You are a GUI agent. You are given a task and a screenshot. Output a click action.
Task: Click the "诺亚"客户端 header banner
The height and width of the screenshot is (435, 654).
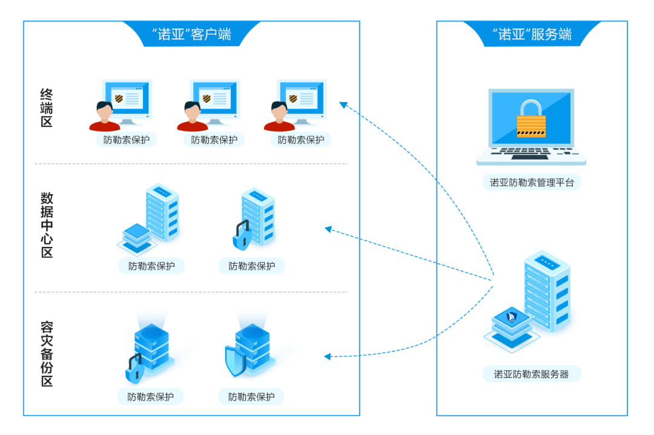point(191,34)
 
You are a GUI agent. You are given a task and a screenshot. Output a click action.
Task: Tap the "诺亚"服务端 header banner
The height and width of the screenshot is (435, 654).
point(532,34)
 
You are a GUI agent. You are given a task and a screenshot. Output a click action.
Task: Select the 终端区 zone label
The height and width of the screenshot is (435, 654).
point(46,108)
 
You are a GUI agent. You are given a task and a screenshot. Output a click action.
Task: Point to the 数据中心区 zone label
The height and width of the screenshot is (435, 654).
point(47,224)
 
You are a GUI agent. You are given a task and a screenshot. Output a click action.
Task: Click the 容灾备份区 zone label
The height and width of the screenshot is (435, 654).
point(47,353)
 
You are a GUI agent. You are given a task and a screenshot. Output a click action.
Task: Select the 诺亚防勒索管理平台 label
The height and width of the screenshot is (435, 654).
point(532,183)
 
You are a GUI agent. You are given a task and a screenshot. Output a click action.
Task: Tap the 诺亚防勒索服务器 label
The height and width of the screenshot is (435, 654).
point(532,374)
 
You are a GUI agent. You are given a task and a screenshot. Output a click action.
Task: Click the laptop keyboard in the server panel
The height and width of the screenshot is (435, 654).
point(532,153)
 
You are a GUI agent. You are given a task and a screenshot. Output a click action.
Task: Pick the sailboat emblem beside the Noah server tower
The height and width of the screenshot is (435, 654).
point(511,317)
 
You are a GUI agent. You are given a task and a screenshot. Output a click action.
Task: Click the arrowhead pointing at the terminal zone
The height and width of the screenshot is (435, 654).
point(343,105)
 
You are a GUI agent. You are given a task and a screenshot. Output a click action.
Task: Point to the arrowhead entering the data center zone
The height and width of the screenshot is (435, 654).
point(328,229)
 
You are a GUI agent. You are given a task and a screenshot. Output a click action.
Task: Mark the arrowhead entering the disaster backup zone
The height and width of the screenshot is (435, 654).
point(328,356)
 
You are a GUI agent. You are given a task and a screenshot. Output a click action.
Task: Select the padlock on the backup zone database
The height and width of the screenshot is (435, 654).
point(135,368)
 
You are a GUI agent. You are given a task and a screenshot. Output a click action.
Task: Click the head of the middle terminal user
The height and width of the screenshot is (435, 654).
point(193,111)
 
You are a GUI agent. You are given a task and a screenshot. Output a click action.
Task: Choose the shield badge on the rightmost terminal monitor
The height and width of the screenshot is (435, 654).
point(293,99)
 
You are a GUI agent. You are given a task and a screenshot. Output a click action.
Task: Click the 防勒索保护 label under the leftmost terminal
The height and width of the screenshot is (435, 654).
point(127,140)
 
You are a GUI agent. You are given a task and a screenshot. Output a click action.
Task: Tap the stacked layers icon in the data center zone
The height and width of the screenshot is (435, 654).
point(137,238)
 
